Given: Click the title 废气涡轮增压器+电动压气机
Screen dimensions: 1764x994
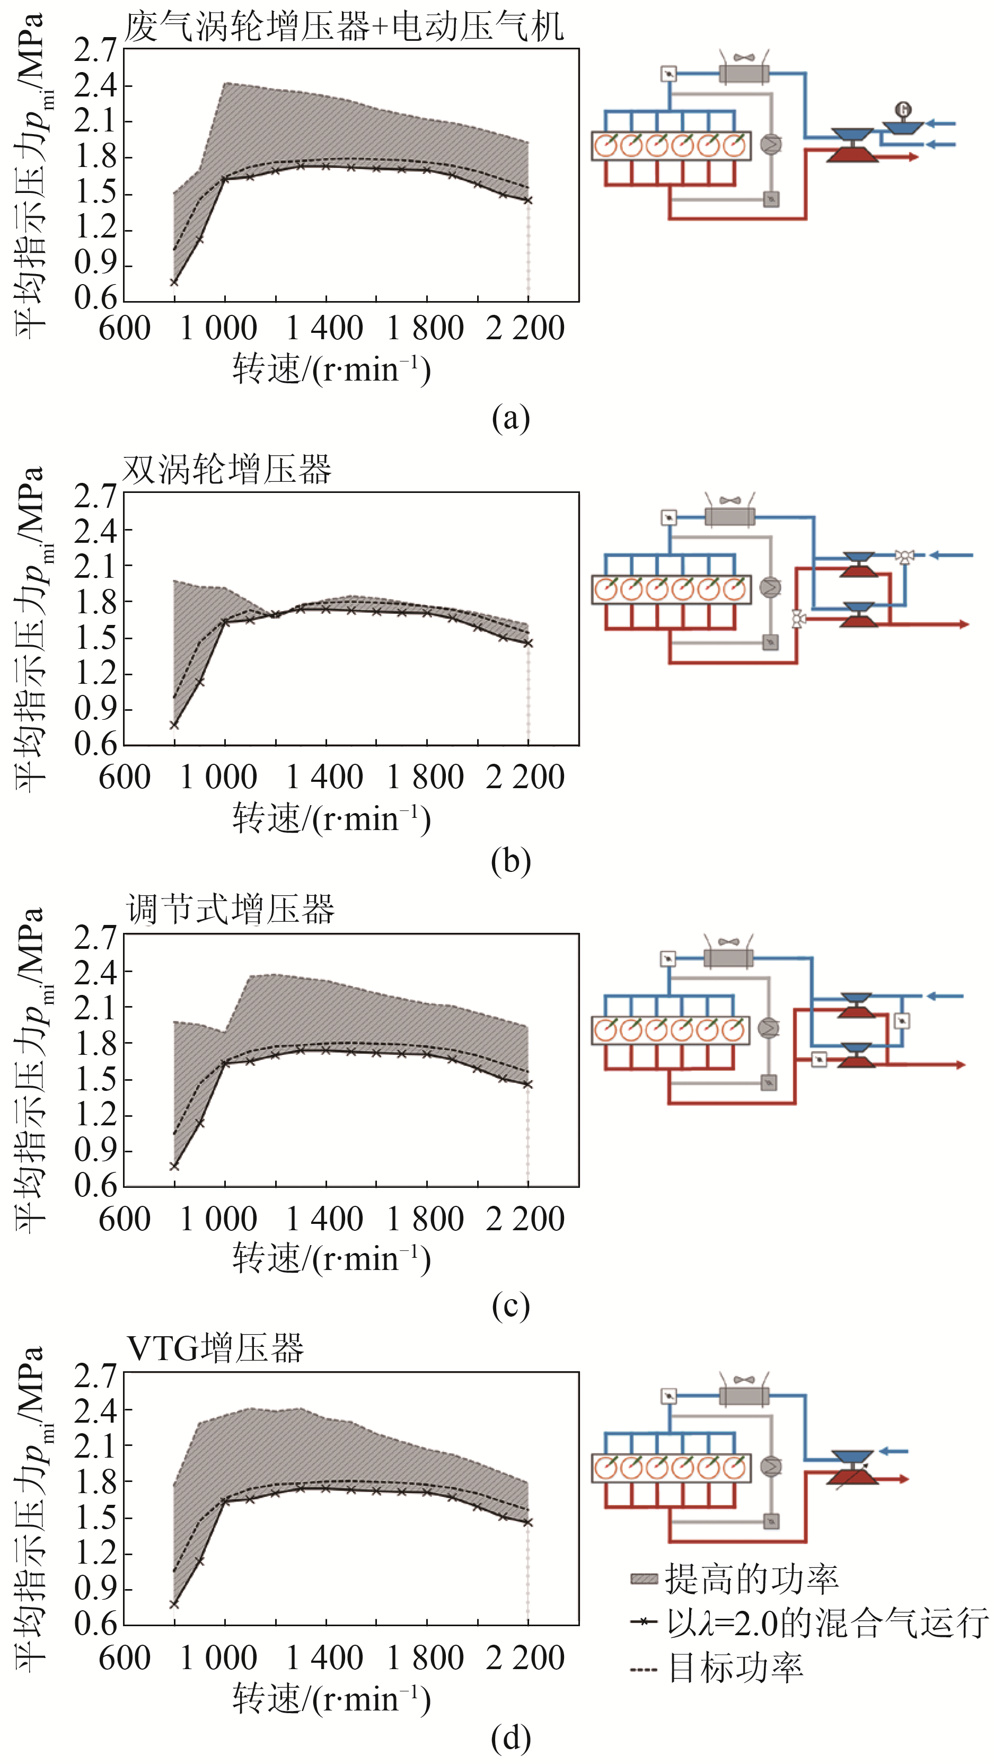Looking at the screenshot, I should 344,28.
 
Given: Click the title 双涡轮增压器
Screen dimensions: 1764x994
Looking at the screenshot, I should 227,470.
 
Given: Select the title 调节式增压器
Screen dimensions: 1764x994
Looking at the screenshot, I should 230,910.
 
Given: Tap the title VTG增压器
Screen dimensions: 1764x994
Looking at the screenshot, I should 215,1348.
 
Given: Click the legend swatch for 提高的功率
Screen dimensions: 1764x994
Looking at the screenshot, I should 644,1579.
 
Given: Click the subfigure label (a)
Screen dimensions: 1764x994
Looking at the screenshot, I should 511,417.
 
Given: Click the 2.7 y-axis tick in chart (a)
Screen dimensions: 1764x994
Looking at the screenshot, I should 96,50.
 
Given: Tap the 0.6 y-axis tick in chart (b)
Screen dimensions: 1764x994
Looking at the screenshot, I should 96,744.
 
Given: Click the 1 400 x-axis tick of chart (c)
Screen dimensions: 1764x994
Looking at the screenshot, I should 325,1219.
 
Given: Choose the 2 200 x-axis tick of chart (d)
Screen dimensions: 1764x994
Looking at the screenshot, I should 525,1658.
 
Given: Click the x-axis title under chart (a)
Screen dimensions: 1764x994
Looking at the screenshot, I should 331,370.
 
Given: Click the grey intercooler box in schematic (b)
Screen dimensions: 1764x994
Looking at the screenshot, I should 729,516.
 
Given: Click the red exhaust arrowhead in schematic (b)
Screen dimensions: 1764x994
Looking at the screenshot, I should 963,624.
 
